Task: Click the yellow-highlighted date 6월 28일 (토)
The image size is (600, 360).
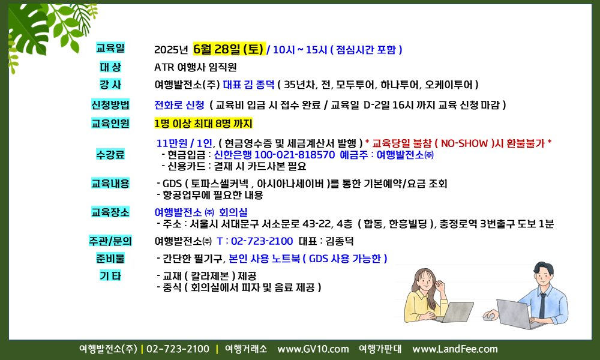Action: pos(229,49)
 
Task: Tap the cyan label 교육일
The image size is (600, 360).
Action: pos(110,48)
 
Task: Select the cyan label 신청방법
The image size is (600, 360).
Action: pos(110,104)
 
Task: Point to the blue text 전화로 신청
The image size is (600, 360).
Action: pos(179,105)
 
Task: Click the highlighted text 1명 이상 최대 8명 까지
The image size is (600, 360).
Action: pos(203,124)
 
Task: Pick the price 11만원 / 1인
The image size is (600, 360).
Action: pos(184,143)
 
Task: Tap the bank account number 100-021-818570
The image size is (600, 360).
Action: pos(294,155)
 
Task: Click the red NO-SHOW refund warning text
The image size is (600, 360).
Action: pos(458,143)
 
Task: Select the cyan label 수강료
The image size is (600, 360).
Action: pos(110,155)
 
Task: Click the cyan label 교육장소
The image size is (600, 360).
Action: pos(110,212)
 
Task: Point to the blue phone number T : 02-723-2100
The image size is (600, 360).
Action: pos(255,241)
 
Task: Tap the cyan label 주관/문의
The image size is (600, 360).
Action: pos(110,241)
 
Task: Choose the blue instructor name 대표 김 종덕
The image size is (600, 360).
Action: pos(249,85)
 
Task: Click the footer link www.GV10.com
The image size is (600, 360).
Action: pos(313,349)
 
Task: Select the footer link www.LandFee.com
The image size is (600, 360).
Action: pos(455,349)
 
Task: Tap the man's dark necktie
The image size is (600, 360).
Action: pos(542,305)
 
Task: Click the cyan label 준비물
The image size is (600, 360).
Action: pos(110,258)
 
